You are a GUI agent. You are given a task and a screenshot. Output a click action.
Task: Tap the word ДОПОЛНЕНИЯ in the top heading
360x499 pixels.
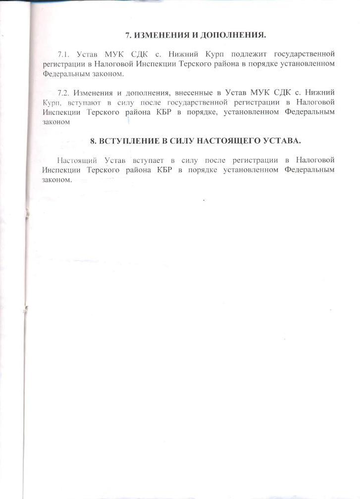coord(235,35)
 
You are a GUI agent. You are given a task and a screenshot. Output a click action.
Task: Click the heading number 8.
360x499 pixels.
coord(94,141)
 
